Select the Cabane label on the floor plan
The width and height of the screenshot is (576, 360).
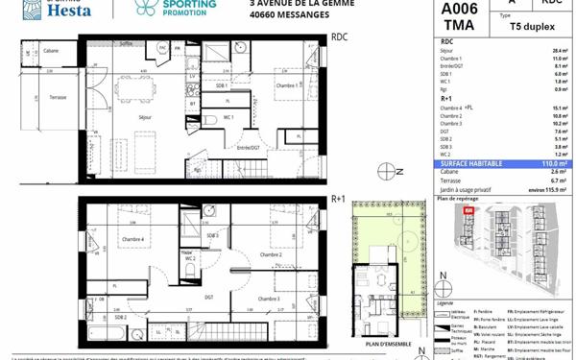point(50,51)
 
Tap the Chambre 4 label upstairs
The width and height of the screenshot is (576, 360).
point(132,239)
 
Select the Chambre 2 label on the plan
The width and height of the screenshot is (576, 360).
point(271,254)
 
